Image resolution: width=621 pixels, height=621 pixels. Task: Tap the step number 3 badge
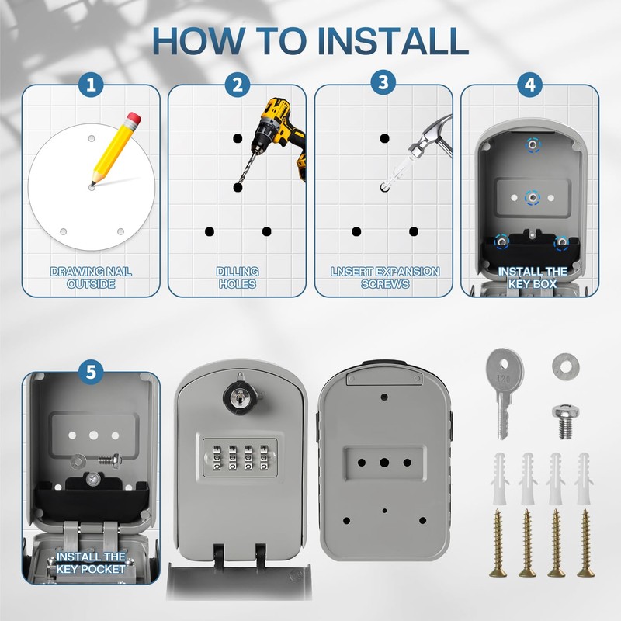(x=383, y=84)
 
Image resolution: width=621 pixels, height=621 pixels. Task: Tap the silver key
(x=500, y=388)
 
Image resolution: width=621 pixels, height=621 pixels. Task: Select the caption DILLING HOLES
(x=238, y=277)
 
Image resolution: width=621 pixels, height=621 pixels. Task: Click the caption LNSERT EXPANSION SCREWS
(x=384, y=277)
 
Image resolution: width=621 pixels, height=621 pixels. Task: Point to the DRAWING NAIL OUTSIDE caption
(x=91, y=277)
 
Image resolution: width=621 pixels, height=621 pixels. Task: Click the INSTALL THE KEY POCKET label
(x=91, y=563)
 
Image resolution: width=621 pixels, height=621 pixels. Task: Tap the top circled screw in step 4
(x=531, y=144)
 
